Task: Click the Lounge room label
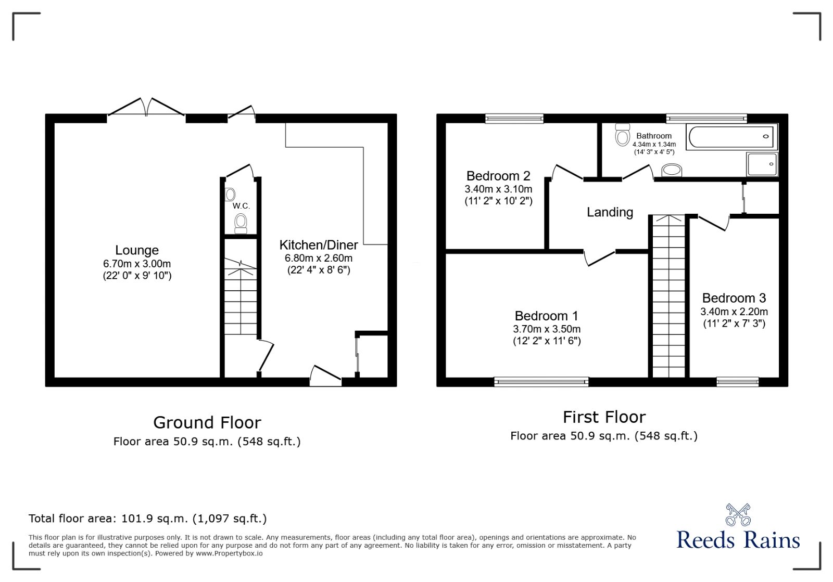tap(137, 251)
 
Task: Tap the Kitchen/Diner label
tap(319, 245)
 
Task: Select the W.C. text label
tap(241, 206)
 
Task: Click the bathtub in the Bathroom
tap(731, 137)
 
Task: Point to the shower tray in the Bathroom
tap(762, 164)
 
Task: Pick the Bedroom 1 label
tap(546, 316)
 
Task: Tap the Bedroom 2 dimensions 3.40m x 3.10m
tap(498, 189)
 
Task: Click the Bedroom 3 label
tap(734, 298)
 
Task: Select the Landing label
tap(610, 212)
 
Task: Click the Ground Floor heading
tap(207, 422)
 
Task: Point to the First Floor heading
tap(604, 417)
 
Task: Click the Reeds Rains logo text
tap(738, 540)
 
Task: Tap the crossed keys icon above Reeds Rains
tap(738, 514)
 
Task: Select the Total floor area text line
tap(147, 519)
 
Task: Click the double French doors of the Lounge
tap(146, 107)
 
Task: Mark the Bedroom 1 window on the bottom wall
tap(541, 382)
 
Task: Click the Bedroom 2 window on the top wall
tap(514, 119)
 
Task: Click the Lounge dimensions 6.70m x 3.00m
tap(137, 264)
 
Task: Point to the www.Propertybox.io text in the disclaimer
tap(229, 553)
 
